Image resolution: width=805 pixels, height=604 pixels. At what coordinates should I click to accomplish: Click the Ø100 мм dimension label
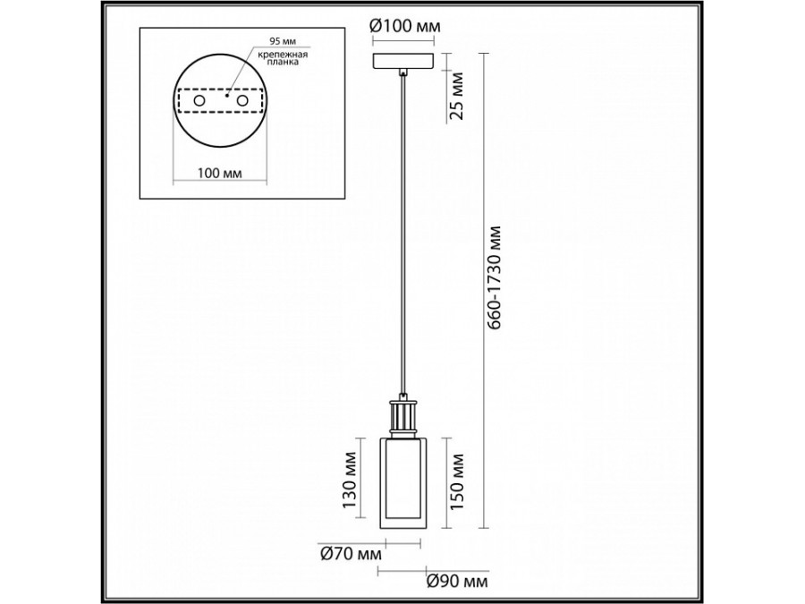[404, 25]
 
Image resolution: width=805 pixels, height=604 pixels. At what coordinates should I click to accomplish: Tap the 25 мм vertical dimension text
[456, 96]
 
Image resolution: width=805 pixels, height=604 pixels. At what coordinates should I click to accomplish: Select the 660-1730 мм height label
[496, 276]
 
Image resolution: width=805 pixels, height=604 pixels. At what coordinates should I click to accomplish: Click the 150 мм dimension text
[456, 481]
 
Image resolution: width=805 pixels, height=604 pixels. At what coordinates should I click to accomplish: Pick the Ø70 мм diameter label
[352, 554]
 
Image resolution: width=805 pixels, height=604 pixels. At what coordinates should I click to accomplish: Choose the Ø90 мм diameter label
[457, 582]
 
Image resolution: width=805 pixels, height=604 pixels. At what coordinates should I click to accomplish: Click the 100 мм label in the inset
[220, 173]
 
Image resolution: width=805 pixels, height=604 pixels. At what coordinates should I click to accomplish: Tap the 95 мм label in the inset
[283, 40]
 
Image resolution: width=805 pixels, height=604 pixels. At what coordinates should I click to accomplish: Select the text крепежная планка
[283, 58]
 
